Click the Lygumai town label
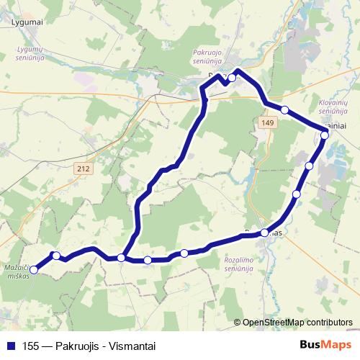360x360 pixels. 27,22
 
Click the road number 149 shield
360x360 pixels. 268,124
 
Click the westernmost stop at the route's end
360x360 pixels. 35,269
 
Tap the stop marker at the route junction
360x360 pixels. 121,257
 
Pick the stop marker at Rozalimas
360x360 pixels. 265,233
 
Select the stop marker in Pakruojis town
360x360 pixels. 232,78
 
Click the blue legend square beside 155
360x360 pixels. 10,346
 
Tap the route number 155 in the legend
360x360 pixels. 30,346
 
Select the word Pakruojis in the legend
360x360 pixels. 75,346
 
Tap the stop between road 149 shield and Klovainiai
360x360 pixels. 285,109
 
